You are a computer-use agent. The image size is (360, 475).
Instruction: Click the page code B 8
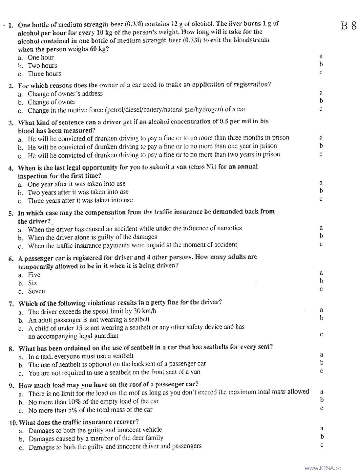click(x=349, y=26)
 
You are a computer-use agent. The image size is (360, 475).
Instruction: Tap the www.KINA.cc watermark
click(x=323, y=468)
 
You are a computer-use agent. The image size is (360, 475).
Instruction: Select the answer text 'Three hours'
click(x=44, y=74)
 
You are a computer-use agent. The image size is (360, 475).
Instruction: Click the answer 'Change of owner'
click(x=52, y=102)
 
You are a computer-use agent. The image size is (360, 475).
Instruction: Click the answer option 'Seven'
click(x=36, y=291)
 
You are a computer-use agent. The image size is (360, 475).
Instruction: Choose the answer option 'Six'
click(x=32, y=283)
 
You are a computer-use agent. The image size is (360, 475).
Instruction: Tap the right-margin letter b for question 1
click(x=321, y=64)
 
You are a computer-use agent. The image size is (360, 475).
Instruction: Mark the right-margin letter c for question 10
click(x=322, y=445)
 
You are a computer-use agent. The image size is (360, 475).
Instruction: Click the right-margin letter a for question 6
click(x=321, y=273)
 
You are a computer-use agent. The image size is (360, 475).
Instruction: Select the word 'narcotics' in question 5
click(x=229, y=228)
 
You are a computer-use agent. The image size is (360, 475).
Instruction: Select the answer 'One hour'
click(x=41, y=57)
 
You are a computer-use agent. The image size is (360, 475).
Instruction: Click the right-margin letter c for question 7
click(x=322, y=334)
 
